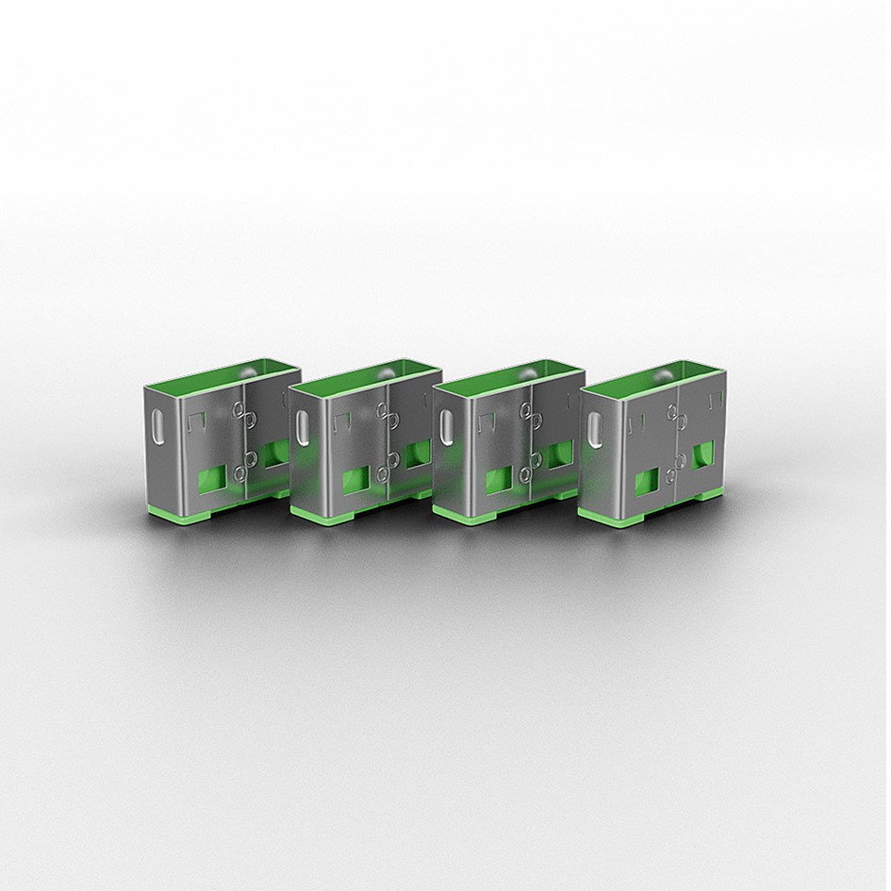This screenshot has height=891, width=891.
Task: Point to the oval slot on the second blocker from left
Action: (x=302, y=432)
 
